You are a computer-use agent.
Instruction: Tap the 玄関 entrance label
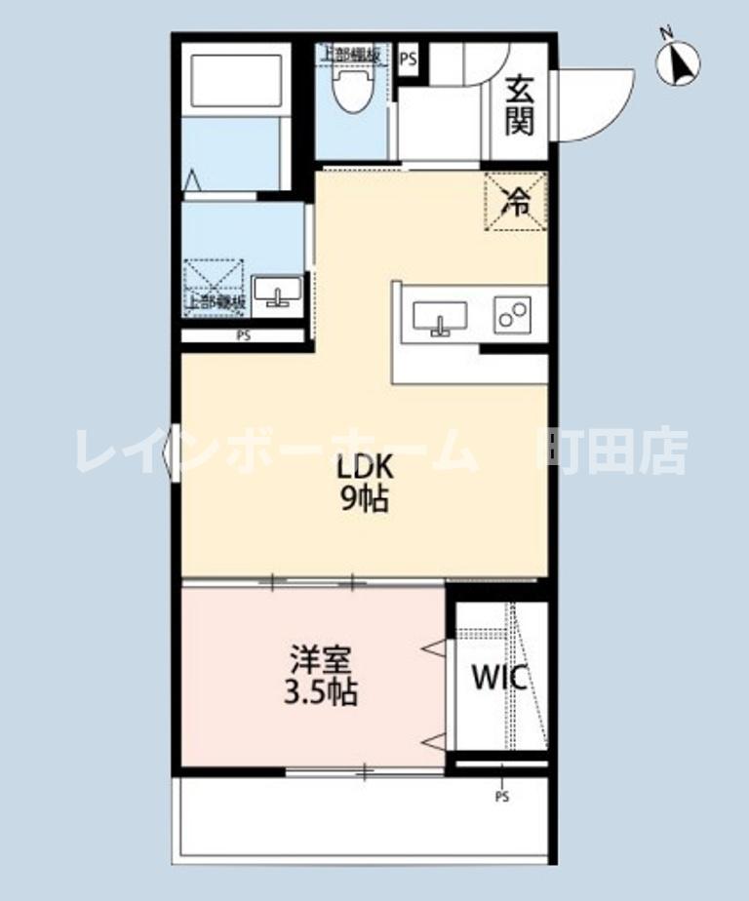[x=519, y=105]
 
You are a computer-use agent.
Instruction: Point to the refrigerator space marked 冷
[x=516, y=203]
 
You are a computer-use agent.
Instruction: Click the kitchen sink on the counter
[x=439, y=316]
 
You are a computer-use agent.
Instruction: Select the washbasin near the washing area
[x=277, y=291]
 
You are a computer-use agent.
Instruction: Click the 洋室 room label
[x=319, y=660]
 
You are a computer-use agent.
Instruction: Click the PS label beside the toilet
[x=408, y=58]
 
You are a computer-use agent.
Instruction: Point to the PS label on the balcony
[x=501, y=797]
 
